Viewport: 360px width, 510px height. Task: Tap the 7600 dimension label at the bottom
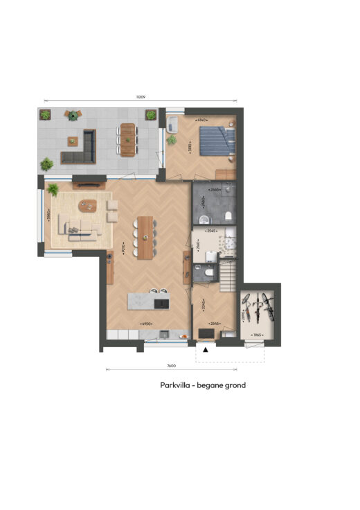[171, 365]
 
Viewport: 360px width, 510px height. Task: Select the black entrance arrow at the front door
[205, 351]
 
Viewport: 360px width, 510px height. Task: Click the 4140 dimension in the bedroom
[202, 121]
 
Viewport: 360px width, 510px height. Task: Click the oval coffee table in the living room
[88, 204]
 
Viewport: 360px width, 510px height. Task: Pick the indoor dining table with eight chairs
[145, 237]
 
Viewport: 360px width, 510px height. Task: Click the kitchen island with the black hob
[147, 301]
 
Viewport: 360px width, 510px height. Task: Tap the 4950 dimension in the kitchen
[146, 324]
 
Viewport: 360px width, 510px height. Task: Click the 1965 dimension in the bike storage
[257, 335]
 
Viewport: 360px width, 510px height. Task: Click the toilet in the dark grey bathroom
[199, 220]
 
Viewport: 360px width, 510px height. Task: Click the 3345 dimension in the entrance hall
[203, 304]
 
